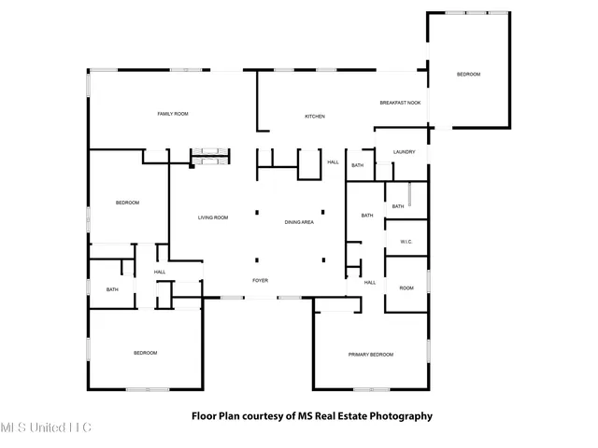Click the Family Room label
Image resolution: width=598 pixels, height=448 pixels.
click(173, 114)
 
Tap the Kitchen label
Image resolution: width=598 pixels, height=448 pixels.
click(315, 117)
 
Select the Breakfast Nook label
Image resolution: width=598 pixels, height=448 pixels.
click(400, 103)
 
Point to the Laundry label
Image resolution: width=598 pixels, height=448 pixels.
click(404, 152)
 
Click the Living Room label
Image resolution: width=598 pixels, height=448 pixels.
click(213, 218)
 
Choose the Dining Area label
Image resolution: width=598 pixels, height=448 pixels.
click(299, 222)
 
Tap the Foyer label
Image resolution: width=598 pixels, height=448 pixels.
click(261, 280)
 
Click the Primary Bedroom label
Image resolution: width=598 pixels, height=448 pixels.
click(371, 355)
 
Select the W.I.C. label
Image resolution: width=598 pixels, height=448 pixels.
click(406, 243)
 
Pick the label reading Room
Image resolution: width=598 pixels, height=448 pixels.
click(406, 288)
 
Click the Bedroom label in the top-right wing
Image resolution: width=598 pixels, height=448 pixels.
click(468, 75)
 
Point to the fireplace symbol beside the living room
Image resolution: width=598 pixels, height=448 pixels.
click(209, 155)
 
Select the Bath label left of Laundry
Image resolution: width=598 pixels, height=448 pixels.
click(357, 166)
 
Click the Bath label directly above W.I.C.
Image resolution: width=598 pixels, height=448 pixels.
click(398, 206)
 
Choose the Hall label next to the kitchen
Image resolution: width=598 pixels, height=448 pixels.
click(333, 162)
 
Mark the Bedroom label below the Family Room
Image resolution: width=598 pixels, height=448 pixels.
click(127, 203)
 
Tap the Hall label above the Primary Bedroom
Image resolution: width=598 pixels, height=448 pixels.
click(370, 283)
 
